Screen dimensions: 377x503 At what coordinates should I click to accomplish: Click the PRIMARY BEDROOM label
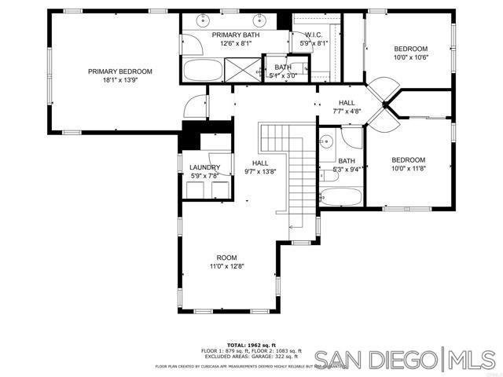click(119, 71)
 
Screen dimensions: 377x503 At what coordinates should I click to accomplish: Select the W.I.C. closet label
click(303, 35)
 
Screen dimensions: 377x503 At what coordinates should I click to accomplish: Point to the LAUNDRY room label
click(204, 167)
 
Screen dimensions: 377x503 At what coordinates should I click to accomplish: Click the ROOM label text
click(226, 258)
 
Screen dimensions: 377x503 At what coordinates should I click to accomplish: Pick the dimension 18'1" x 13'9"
click(119, 80)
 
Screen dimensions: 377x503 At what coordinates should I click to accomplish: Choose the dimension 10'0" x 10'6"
click(409, 57)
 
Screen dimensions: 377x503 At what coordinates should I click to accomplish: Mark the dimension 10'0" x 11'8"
click(408, 168)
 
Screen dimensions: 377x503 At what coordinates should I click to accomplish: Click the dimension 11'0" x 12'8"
click(226, 266)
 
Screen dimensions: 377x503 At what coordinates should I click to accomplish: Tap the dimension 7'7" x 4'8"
click(347, 112)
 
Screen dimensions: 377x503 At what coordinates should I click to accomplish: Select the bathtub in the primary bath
click(204, 72)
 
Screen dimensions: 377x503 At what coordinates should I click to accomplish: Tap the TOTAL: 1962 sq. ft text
click(251, 345)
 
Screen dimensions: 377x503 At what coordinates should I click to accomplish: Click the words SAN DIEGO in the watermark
click(384, 360)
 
